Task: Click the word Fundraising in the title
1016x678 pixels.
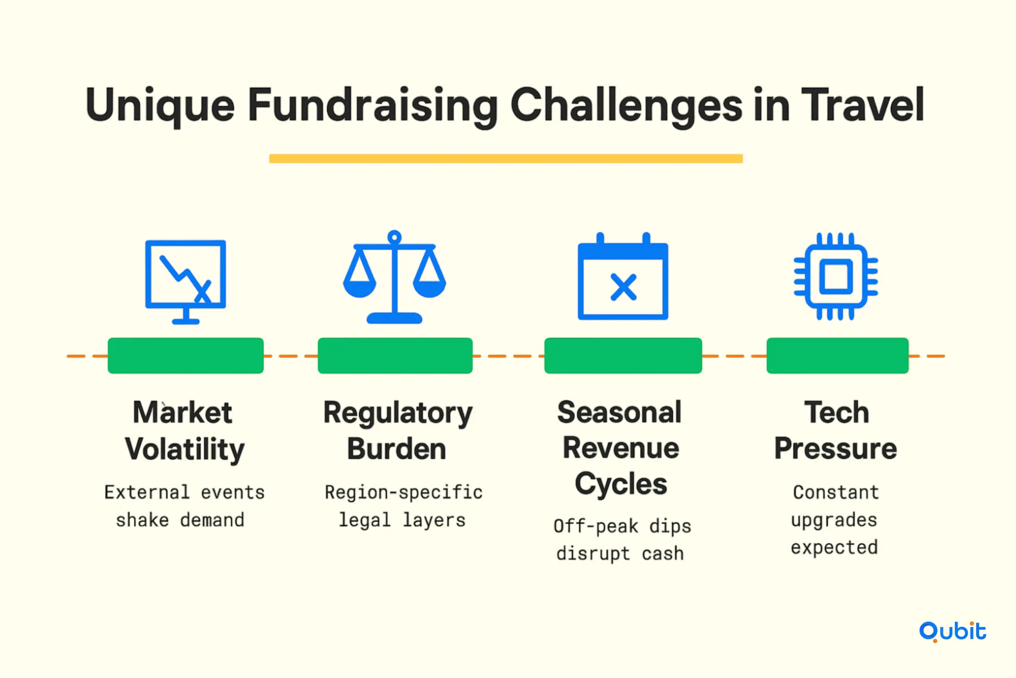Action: tap(373, 106)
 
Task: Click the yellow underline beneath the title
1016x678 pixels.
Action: tap(506, 158)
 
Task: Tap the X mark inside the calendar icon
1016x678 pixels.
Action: tap(623, 287)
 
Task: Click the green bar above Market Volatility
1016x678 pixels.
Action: tap(186, 355)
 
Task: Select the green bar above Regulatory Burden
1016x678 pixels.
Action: tap(395, 355)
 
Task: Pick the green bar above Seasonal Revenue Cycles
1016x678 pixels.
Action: tap(623, 355)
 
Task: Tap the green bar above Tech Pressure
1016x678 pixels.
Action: tap(837, 355)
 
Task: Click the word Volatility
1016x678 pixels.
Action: tap(185, 450)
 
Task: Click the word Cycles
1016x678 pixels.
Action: tap(621, 484)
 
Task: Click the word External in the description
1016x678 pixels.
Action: tap(147, 492)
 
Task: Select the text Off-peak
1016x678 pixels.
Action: tap(596, 526)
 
